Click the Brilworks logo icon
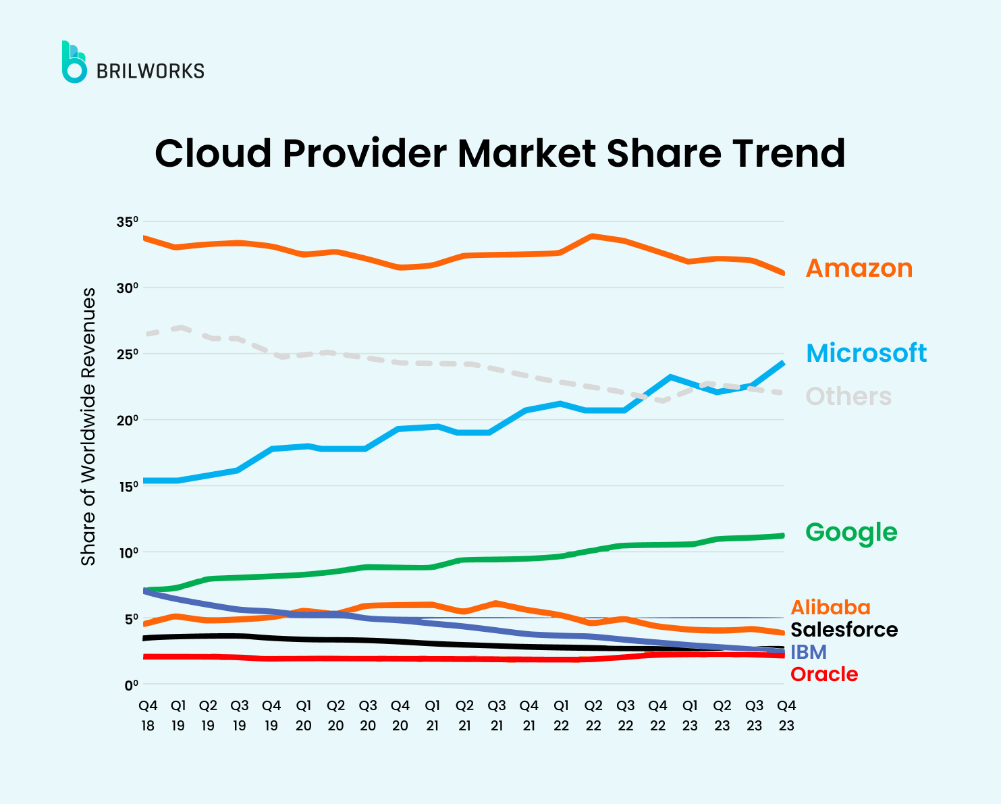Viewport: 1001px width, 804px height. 74,62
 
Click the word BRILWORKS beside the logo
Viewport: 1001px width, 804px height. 151,71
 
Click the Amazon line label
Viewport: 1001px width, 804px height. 859,268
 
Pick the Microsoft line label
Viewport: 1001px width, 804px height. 866,353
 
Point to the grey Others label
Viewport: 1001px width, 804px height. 848,396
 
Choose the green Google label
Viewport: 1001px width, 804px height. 851,532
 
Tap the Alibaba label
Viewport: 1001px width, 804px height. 830,607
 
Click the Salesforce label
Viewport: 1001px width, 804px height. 844,629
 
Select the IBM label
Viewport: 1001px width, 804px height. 808,651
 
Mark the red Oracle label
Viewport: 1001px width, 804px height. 823,674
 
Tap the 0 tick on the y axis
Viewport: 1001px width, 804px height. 130,685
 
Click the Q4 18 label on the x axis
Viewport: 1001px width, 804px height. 148,716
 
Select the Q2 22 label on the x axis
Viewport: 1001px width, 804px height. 593,716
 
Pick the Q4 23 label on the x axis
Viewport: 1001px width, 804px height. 786,716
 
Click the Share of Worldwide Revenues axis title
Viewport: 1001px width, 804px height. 88,427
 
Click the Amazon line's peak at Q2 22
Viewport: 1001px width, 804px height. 592,236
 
